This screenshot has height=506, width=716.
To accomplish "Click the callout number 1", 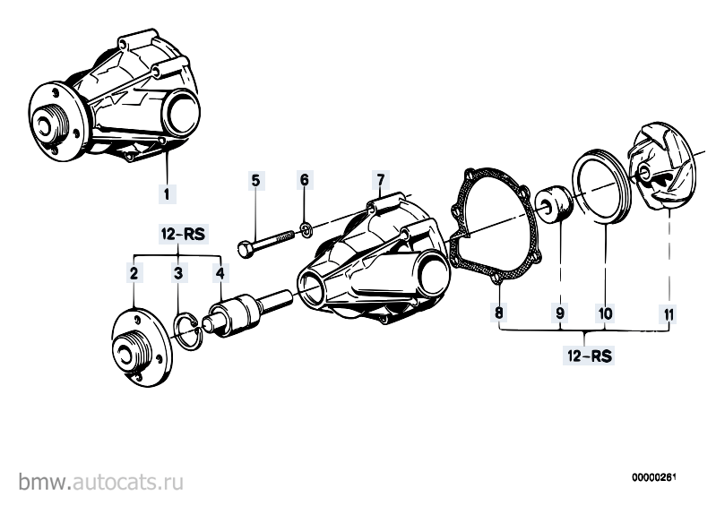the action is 167,194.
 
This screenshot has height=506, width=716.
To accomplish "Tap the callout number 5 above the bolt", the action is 255,181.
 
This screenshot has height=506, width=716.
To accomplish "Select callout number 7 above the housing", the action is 380,180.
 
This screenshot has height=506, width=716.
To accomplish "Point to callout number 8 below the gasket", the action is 498,313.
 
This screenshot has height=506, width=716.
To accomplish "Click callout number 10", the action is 605,313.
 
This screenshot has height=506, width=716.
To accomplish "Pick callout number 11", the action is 669,314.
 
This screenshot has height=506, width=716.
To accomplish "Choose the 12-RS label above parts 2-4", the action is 183,235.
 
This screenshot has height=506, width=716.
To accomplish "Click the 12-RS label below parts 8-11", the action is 589,356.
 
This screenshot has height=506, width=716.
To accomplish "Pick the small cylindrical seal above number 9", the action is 555,202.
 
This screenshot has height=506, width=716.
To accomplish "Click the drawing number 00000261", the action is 653,477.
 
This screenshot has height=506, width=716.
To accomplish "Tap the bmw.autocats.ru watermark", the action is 101,482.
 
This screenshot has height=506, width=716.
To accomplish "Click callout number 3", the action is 178,273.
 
